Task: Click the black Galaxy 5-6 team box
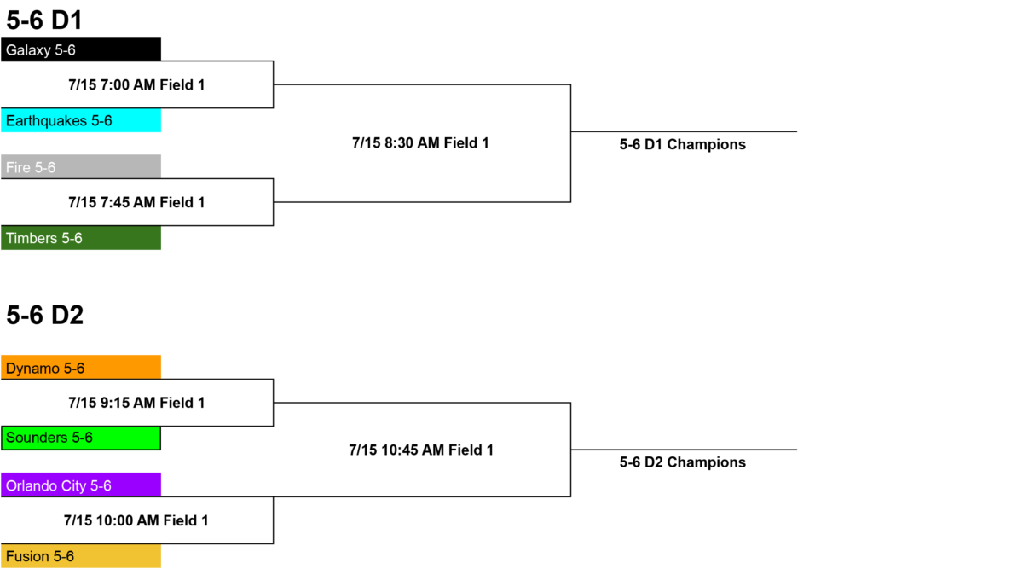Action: [81, 49]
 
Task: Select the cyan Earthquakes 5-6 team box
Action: [81, 120]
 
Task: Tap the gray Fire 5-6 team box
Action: [81, 166]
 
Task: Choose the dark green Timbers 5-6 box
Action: [81, 238]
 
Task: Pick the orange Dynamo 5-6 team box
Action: [81, 367]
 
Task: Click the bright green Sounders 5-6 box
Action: [81, 438]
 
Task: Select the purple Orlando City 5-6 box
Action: [81, 485]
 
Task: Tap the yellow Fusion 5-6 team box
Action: [81, 555]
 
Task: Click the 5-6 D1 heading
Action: [44, 20]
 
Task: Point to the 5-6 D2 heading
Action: [44, 315]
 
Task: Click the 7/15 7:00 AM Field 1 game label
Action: [136, 85]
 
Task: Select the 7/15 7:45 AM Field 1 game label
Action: [136, 202]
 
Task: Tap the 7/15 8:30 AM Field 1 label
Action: [420, 143]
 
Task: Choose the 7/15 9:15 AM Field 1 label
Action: [136, 403]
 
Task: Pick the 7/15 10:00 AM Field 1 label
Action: [136, 520]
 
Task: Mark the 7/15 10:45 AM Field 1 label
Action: [421, 450]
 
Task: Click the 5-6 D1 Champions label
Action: [682, 145]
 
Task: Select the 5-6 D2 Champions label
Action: [682, 462]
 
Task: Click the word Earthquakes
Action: [46, 120]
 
